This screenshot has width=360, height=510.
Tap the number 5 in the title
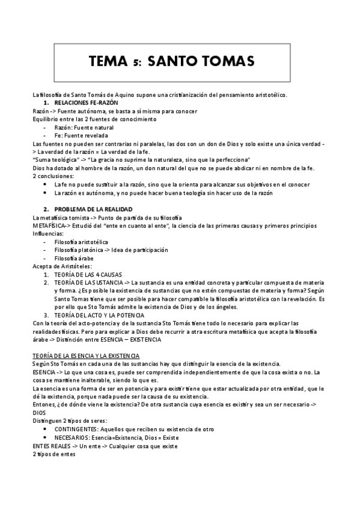point(136,62)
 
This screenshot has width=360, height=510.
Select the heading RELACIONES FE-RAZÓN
point(86,103)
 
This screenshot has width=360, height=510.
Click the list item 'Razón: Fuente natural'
point(84,127)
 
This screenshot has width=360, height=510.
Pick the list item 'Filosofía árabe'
point(75,257)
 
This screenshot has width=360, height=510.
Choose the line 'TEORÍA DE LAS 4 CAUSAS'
point(88,274)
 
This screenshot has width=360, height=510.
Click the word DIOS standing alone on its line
point(40,413)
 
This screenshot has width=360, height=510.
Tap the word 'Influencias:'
point(47,233)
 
